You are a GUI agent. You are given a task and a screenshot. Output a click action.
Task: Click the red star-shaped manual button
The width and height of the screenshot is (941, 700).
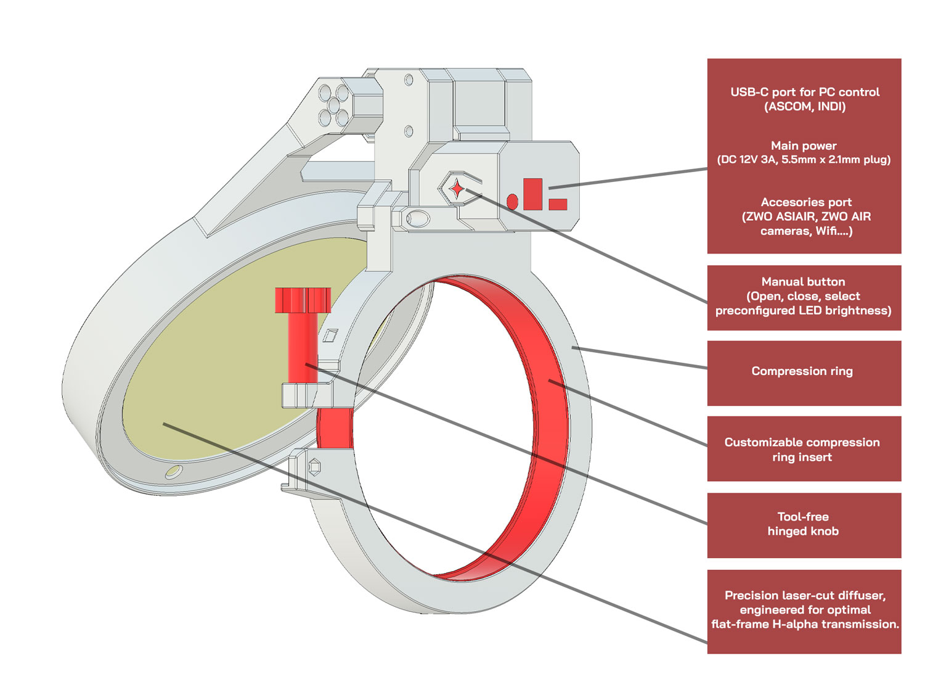(457, 188)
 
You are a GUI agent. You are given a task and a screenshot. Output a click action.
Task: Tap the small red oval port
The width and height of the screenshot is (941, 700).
(512, 201)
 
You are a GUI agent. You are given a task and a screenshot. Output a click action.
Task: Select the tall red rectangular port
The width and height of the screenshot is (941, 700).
(532, 194)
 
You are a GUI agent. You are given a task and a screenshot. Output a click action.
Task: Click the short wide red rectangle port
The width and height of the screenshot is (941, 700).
(558, 204)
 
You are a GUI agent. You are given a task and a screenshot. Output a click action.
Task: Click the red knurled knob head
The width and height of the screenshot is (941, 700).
(303, 300)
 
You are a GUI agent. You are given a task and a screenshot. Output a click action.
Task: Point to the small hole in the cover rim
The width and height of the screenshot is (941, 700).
(173, 472)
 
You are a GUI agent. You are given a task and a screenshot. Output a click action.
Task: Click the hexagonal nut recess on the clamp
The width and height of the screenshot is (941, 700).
(314, 467)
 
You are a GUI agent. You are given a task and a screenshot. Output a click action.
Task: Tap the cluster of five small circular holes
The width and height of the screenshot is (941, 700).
(333, 105)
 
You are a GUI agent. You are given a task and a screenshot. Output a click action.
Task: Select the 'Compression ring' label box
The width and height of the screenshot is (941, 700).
(804, 373)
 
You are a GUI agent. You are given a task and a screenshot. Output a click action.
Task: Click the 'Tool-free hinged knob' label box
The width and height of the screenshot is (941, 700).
(804, 525)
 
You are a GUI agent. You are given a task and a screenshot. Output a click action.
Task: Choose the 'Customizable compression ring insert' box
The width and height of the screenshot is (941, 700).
(804, 448)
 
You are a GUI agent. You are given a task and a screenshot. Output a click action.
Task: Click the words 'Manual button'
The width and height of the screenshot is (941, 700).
(803, 282)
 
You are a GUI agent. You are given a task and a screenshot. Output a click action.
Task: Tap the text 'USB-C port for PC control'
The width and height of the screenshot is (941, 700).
(804, 92)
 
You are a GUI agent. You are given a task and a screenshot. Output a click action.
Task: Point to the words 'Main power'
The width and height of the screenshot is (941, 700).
(804, 146)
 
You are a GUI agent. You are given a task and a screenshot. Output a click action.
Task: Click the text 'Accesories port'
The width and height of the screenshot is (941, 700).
(805, 202)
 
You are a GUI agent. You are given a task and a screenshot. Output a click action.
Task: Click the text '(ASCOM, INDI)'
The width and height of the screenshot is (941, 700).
(804, 107)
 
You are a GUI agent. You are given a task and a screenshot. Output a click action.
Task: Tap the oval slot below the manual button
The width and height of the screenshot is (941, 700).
(418, 218)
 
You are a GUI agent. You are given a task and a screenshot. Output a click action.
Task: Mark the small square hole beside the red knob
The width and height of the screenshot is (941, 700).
(330, 335)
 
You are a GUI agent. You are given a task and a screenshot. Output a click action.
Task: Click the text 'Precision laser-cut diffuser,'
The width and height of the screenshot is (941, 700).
(804, 595)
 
